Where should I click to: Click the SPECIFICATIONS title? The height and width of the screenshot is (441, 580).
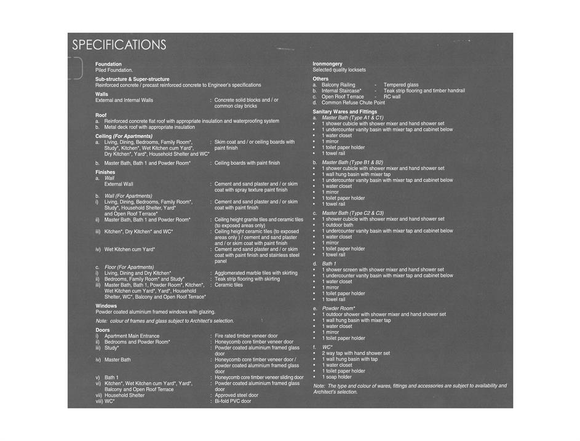tap(119, 46)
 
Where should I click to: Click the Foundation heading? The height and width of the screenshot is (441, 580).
tap(108, 64)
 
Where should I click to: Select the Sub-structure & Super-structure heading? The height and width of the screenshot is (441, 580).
tap(132, 79)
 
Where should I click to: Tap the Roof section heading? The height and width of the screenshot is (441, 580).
tap(101, 115)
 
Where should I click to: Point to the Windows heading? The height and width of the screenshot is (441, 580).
tap(106, 306)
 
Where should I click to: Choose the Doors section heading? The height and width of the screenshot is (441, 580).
tap(102, 330)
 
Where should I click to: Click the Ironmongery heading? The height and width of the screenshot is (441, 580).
tap(327, 64)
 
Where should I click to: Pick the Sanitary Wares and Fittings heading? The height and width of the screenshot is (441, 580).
tap(344, 112)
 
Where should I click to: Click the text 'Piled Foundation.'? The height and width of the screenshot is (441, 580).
tap(114, 70)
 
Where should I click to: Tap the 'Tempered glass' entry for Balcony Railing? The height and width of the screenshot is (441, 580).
tap(401, 85)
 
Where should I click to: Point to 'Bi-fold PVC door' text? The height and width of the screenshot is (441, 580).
tap(232, 401)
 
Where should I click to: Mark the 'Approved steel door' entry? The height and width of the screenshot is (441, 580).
tap(236, 395)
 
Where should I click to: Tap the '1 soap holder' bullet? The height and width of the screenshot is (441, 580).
tap(336, 377)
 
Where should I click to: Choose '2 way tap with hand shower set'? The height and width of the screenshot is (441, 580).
tap(356, 353)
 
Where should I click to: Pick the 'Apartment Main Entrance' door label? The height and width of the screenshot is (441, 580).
tap(132, 336)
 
